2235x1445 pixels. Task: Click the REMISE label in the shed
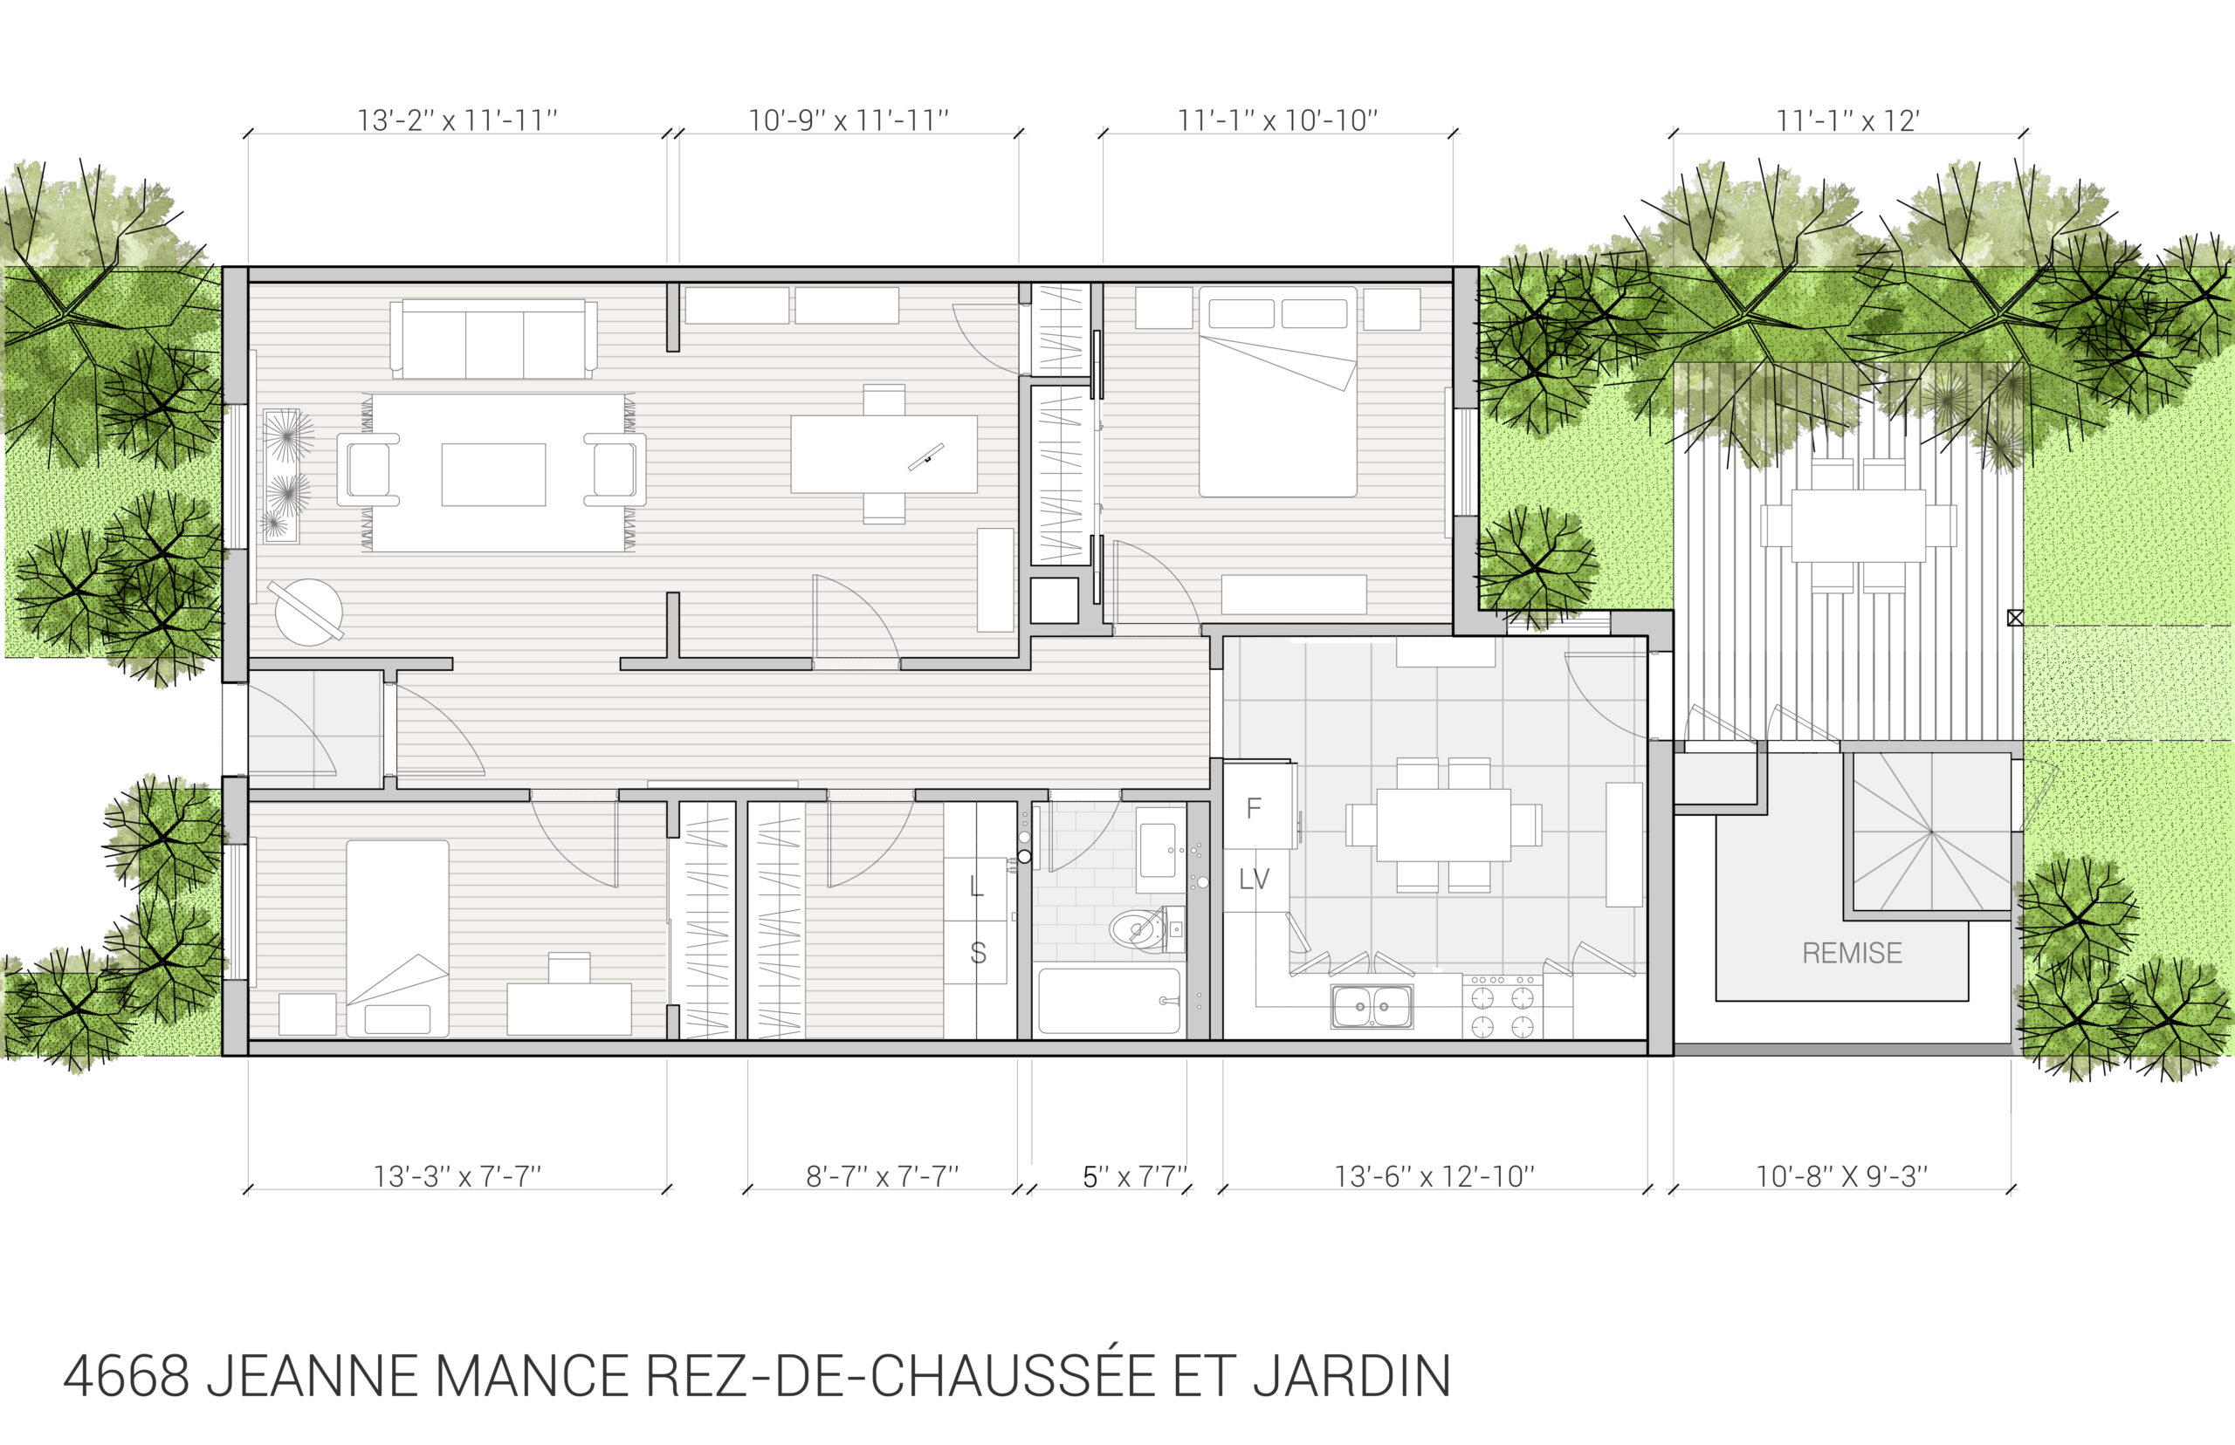tap(1851, 954)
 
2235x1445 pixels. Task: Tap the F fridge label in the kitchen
tap(1253, 808)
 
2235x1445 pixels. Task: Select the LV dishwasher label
tap(1254, 880)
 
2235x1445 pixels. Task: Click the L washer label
tap(976, 886)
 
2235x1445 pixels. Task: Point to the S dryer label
tap(977, 954)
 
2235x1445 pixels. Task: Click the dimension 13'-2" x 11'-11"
tap(457, 121)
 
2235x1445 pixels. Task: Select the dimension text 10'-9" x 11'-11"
tap(848, 121)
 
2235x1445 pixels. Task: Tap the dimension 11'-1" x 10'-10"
tap(1277, 121)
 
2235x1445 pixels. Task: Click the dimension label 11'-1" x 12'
tap(1847, 121)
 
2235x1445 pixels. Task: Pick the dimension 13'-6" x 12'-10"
tap(1434, 1176)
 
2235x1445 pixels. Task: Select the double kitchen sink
tap(1372, 1006)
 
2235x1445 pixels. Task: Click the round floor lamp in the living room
tap(308, 612)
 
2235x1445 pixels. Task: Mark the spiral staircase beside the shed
tap(1931, 832)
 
